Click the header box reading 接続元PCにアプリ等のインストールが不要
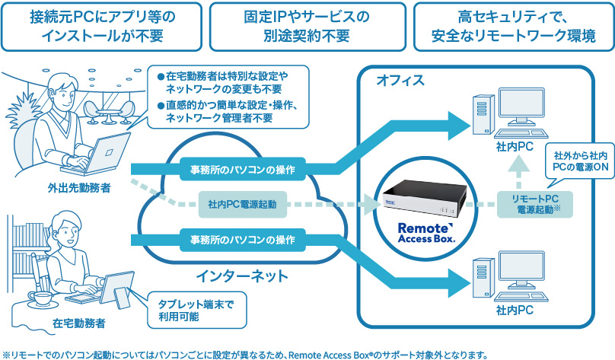101,26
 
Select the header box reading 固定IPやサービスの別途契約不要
307,26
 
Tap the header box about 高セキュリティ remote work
513,26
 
